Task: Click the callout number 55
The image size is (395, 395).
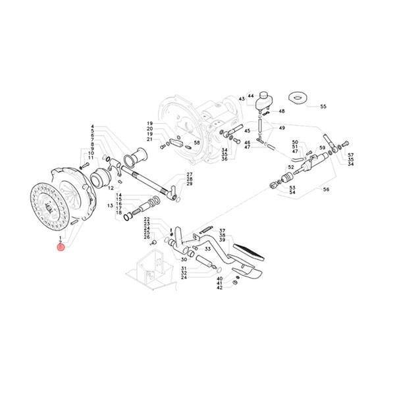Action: pyautogui.click(x=323, y=106)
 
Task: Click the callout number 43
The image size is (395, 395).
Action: pyautogui.click(x=242, y=99)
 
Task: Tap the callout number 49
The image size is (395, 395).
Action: pyautogui.click(x=282, y=128)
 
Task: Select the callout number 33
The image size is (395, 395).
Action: pyautogui.click(x=207, y=249)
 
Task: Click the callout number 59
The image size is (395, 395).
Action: pyautogui.click(x=323, y=147)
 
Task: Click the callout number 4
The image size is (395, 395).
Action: pyautogui.click(x=93, y=126)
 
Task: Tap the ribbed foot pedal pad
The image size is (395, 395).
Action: pyautogui.click(x=250, y=250)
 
